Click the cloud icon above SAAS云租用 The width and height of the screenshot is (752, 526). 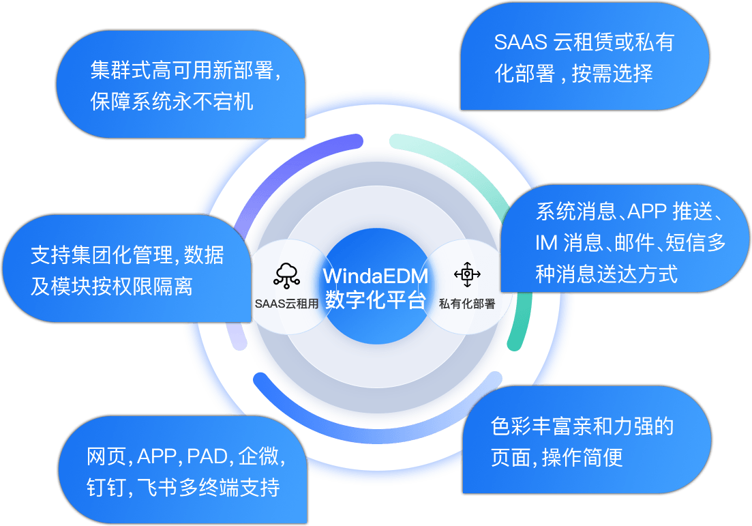286,274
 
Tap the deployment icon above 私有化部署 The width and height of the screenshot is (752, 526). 467,274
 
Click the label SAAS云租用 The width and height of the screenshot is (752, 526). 286,304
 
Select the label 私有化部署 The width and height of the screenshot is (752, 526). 467,304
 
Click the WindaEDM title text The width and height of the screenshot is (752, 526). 376,276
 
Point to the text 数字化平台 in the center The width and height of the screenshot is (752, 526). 376,300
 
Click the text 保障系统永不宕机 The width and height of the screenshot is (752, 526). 172,101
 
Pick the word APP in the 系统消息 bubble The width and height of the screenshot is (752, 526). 646,211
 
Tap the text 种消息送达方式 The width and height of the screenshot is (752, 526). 607,274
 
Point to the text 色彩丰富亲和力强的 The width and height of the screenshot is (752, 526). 582,427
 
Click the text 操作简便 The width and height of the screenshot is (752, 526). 582,458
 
